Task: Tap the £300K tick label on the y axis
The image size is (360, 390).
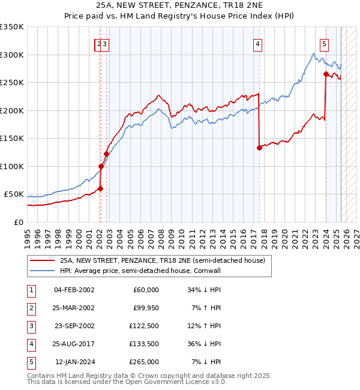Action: click(x=12, y=55)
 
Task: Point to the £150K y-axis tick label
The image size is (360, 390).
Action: click(x=12, y=139)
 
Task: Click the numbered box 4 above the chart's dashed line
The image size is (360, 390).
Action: click(x=257, y=43)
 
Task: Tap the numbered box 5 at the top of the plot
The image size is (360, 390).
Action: click(x=324, y=43)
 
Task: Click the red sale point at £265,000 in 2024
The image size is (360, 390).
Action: click(x=326, y=74)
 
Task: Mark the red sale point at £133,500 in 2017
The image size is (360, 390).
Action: click(x=259, y=148)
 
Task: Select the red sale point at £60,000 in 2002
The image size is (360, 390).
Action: click(x=100, y=188)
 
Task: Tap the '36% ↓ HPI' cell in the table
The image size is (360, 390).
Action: click(x=205, y=344)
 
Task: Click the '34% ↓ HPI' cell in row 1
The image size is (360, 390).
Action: click(x=205, y=290)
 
